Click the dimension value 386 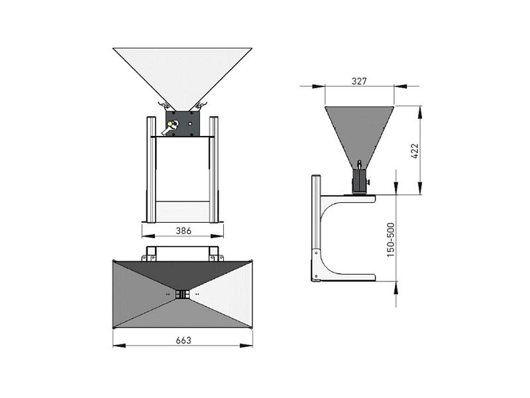point(184,231)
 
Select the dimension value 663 point(184,340)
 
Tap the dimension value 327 point(359,81)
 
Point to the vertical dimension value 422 point(415,151)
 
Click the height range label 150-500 point(391,240)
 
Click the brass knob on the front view point(170,124)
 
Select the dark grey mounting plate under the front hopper point(183,123)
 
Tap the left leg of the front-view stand point(151,170)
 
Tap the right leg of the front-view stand point(213,170)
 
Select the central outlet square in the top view point(183,294)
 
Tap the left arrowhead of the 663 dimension point(119,346)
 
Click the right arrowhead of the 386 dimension point(217,236)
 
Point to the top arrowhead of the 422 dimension point(420,112)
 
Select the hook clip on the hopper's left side point(162,105)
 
